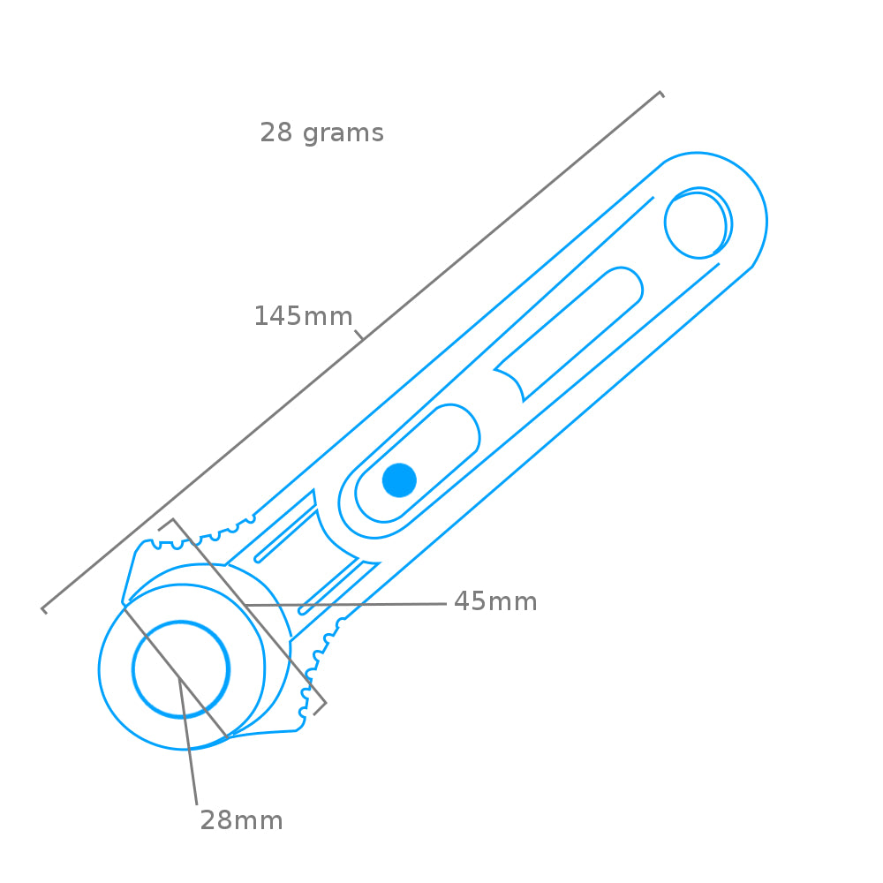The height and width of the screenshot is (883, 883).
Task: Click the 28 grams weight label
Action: pos(321,133)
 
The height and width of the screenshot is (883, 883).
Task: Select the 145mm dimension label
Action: pos(303,316)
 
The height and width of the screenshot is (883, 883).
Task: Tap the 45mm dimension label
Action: pos(495,602)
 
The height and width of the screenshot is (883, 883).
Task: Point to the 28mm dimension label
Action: pos(241,820)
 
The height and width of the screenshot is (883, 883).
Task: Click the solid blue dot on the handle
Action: pos(399,480)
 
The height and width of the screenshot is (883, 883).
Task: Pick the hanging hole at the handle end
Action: pos(697,224)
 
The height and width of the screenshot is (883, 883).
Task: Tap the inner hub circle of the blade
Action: pos(181,668)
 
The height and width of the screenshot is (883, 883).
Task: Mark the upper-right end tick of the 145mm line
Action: pos(660,94)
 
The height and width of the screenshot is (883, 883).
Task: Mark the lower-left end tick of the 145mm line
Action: pos(43,609)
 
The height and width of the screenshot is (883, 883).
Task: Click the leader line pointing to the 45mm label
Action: pos(344,605)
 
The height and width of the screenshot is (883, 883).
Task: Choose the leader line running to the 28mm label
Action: pos(187,742)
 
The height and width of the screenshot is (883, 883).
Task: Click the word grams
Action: pos(343,133)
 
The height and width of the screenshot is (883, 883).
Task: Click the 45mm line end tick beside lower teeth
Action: pos(320,707)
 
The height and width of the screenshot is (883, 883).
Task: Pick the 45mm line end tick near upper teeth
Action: pos(166,525)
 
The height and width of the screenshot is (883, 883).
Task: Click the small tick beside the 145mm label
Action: pos(359,335)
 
